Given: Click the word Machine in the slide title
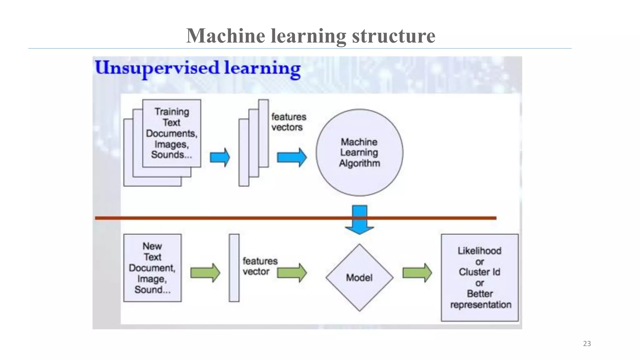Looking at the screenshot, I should [226, 36].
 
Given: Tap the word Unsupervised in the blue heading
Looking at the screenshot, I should [157, 68].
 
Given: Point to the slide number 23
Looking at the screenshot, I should [587, 343].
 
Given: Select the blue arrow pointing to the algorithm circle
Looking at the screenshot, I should [292, 157].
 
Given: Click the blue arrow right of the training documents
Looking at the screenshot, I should [220, 157].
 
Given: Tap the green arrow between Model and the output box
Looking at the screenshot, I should [417, 273].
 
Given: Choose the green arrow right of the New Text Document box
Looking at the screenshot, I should [205, 273].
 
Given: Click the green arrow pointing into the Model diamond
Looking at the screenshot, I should [292, 273].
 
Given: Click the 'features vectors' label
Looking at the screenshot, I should [288, 122].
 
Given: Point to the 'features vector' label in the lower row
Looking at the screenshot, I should [260, 266].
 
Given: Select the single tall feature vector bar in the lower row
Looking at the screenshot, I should [234, 268].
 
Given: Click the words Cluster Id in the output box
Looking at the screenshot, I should [479, 272].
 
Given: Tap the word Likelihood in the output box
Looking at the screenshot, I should [479, 251].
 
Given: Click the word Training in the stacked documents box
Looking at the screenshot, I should [172, 112].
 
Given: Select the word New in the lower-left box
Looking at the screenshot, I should [152, 246].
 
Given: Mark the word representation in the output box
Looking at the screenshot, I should [481, 305].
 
